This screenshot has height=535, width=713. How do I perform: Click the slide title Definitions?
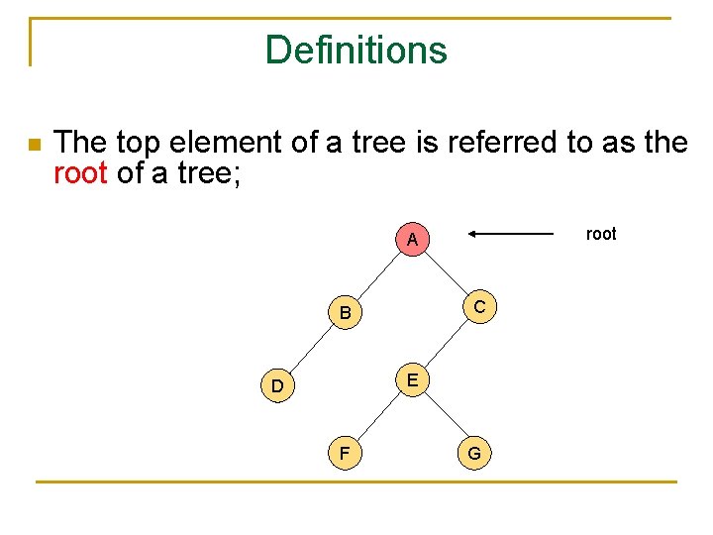click(x=356, y=50)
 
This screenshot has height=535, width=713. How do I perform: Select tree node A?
click(x=412, y=240)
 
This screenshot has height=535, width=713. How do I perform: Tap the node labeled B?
click(x=345, y=313)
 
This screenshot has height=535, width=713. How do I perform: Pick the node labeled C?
click(x=479, y=307)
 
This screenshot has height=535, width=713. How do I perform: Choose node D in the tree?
click(x=277, y=385)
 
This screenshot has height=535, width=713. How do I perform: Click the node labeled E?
click(x=412, y=379)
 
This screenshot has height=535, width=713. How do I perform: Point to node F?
click(x=345, y=453)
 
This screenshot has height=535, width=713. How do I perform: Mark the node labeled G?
click(x=474, y=453)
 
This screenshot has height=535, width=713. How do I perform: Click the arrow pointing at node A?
click(x=511, y=234)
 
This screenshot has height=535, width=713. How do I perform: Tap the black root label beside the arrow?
click(x=601, y=234)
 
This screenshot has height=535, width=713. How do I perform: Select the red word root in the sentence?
click(x=80, y=174)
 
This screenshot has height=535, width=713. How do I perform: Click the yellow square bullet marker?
click(x=34, y=145)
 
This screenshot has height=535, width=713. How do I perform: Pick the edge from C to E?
click(x=447, y=343)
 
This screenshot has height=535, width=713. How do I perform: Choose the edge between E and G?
click(x=444, y=416)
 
